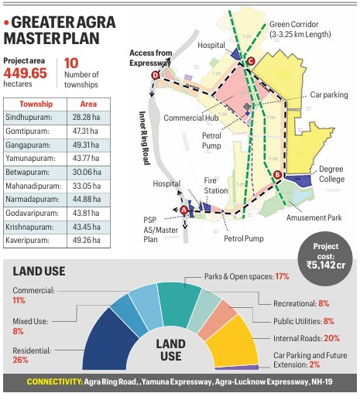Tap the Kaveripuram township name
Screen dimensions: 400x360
[x=30, y=240]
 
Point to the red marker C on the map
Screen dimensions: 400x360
[x=250, y=62]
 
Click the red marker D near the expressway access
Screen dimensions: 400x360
[x=155, y=75]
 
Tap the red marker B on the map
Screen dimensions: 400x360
[x=277, y=175]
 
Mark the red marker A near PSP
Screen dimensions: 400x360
[x=183, y=210]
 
